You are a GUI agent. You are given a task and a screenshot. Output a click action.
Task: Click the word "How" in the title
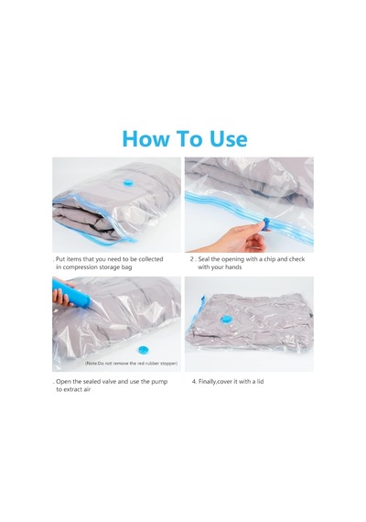pyautogui.click(x=145, y=138)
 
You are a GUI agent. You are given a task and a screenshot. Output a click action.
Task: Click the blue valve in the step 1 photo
pyautogui.click(x=127, y=182)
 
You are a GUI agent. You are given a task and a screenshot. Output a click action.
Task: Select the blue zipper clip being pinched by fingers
pyautogui.click(x=266, y=223)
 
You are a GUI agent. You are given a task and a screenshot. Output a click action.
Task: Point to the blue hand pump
pyautogui.click(x=71, y=292)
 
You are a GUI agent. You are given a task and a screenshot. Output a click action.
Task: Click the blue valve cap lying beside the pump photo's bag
pyautogui.click(x=144, y=350)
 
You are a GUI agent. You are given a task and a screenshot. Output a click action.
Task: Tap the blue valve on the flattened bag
pyautogui.click(x=226, y=320)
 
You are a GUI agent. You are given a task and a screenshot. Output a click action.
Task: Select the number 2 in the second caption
pyautogui.click(x=191, y=259)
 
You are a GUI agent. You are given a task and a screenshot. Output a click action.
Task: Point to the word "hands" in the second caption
pyautogui.click(x=233, y=267)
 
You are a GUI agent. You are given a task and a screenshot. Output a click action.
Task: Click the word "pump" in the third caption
pyautogui.click(x=159, y=382)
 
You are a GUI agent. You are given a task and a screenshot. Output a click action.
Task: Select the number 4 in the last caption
pyautogui.click(x=194, y=382)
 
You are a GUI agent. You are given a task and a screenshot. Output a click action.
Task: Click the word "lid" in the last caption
pyautogui.click(x=260, y=382)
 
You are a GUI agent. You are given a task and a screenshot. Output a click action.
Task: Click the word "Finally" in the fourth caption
pyautogui.click(x=208, y=382)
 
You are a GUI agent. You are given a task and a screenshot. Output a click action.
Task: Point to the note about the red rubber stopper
pyautogui.click(x=131, y=364)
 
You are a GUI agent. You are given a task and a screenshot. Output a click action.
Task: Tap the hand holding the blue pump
pyautogui.click(x=61, y=293)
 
